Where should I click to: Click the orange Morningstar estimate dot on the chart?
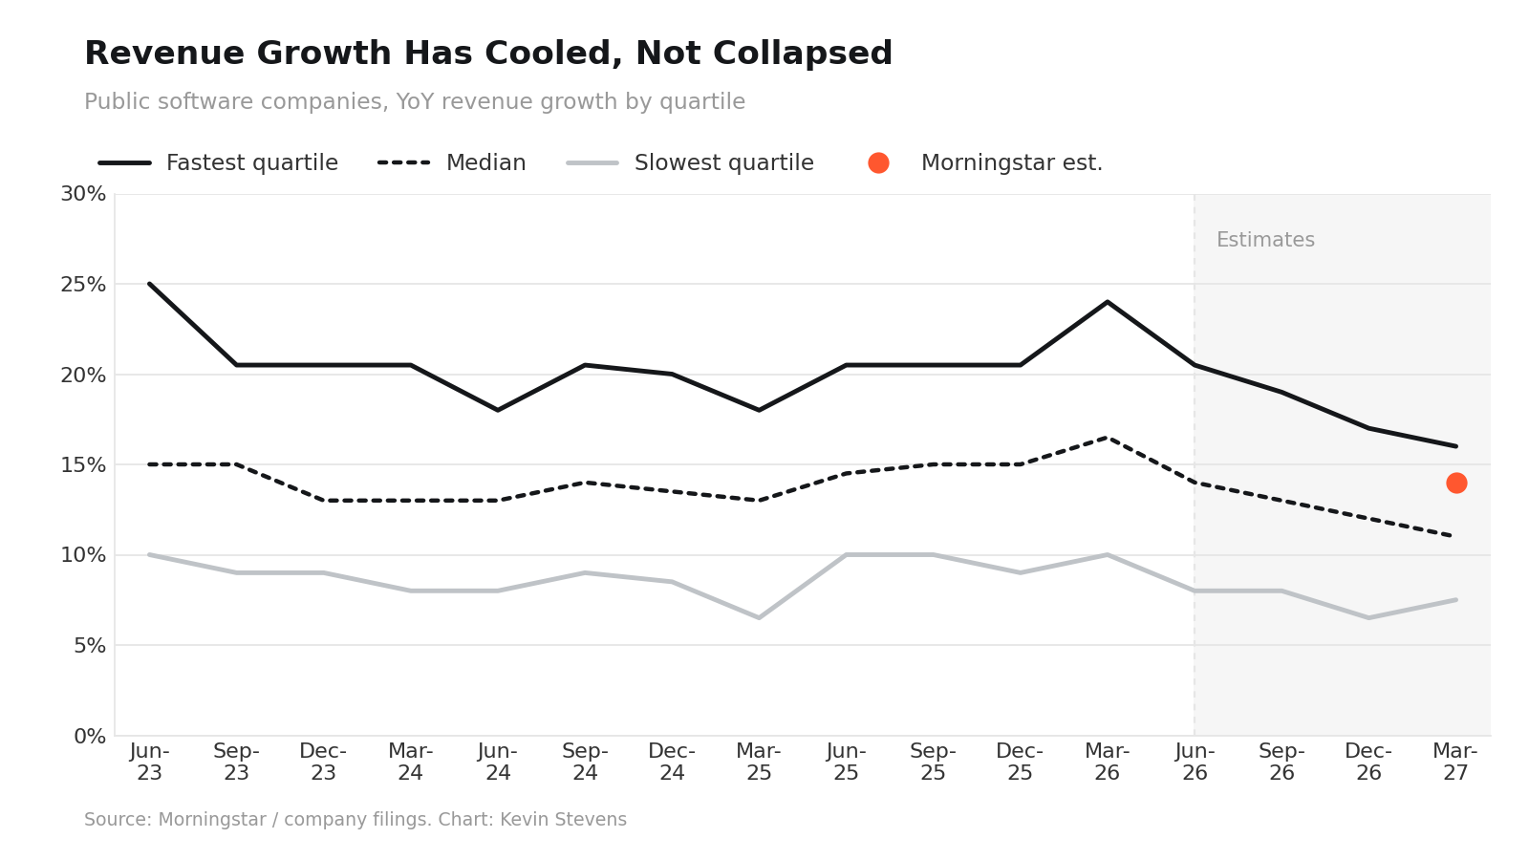click(1456, 484)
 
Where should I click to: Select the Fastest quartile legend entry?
click(219, 163)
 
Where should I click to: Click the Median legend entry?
click(452, 163)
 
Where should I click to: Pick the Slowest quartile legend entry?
click(690, 163)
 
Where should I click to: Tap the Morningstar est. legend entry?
click(985, 163)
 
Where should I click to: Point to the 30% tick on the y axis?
click(83, 194)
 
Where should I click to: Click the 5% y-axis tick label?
click(90, 646)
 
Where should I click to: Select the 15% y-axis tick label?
click(83, 465)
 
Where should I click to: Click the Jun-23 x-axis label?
click(149, 762)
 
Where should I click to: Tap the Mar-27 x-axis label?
click(1455, 762)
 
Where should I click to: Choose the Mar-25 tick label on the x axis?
click(759, 762)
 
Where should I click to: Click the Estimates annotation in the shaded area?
click(1265, 240)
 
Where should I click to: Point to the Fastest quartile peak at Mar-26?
click(1108, 302)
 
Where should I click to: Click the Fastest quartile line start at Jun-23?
click(149, 284)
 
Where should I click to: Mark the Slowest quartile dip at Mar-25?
click(759, 617)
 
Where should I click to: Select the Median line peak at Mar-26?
click(1108, 438)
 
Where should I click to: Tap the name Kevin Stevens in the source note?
click(563, 819)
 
